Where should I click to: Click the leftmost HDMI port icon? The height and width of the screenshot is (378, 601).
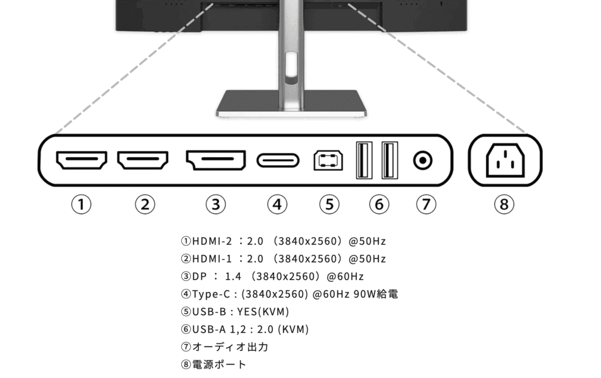click(82, 160)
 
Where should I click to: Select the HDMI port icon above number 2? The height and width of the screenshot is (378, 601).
click(143, 160)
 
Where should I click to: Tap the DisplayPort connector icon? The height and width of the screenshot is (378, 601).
click(216, 160)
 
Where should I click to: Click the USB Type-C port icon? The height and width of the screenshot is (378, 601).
click(278, 161)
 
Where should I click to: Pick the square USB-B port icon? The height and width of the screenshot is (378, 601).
click(328, 161)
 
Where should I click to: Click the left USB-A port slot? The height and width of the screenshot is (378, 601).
click(364, 160)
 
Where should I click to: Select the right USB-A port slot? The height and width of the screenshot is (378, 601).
click(390, 160)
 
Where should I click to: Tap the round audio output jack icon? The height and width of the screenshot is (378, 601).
click(423, 161)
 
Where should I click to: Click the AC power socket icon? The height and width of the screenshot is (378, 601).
click(505, 161)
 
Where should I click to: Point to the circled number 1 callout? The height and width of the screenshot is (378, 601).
click(81, 205)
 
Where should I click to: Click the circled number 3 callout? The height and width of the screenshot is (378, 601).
click(216, 205)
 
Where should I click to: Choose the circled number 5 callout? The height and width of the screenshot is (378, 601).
click(329, 205)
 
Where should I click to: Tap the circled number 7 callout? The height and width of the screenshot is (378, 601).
click(426, 205)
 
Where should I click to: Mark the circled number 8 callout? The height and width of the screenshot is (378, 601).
click(504, 205)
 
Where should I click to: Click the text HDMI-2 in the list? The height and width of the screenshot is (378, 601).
click(212, 241)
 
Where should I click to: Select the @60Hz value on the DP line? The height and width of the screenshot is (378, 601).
click(345, 276)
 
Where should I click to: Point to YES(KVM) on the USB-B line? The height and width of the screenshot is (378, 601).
click(263, 311)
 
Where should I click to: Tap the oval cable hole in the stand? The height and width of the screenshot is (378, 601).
click(291, 69)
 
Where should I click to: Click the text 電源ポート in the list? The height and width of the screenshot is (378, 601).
click(219, 364)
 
